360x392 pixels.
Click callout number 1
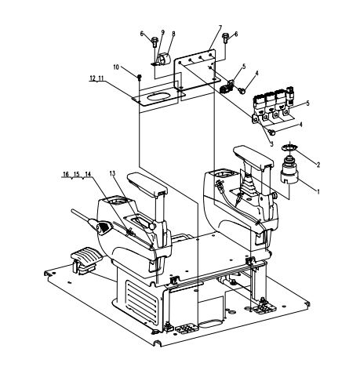[318, 192]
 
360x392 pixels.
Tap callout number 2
[318, 165]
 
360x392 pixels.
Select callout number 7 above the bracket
[220, 28]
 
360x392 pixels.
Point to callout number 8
[173, 34]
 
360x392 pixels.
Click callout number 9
[163, 32]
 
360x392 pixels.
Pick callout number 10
[116, 67]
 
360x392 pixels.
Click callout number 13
[112, 173]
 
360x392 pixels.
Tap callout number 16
[66, 174]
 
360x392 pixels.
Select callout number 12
[93, 78]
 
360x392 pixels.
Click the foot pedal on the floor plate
[83, 262]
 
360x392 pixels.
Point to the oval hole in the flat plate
[158, 96]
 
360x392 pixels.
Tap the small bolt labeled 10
[140, 77]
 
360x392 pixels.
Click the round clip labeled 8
[164, 59]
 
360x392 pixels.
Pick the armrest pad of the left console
[147, 183]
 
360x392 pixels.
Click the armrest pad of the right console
[253, 157]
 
